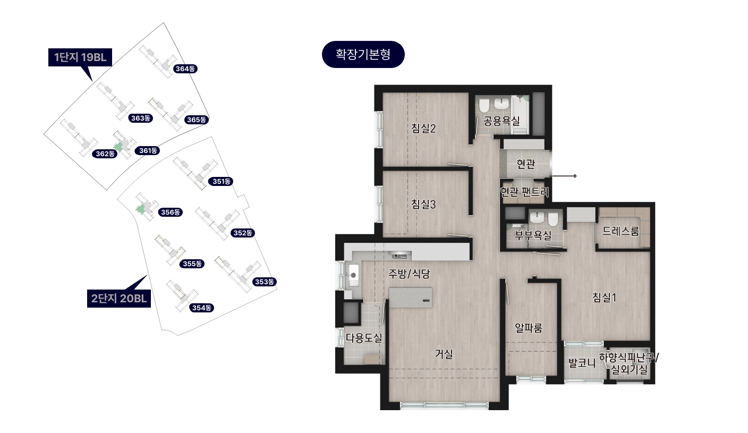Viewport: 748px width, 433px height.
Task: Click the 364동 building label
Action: [x=185, y=69]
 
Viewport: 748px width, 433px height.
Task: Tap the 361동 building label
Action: [x=147, y=150]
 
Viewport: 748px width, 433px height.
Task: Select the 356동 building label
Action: [x=171, y=212]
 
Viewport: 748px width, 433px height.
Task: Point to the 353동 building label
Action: [x=264, y=282]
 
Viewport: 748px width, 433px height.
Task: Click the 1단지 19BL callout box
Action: [x=80, y=57]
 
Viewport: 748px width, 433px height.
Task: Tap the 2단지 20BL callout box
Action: [x=119, y=298]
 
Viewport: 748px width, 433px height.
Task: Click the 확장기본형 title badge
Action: [x=363, y=54]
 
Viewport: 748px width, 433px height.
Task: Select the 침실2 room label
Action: [x=423, y=128]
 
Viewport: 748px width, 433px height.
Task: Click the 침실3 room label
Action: [x=423, y=204]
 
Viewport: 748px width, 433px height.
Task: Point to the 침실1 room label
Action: [x=604, y=297]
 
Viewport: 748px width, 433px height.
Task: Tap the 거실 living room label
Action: [x=444, y=354]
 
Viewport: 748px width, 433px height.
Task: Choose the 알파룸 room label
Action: [x=529, y=328]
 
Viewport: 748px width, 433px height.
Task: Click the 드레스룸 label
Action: [x=621, y=231]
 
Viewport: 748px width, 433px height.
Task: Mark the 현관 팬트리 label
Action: [x=524, y=191]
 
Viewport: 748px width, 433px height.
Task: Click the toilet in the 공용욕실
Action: [x=484, y=105]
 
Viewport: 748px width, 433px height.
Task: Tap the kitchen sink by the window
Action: [x=353, y=275]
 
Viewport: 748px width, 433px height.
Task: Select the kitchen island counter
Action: [x=411, y=298]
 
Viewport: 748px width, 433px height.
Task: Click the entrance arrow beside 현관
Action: [x=564, y=176]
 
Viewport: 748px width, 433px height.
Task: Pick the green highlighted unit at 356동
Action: [x=141, y=209]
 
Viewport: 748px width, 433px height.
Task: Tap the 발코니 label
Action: [x=582, y=363]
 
